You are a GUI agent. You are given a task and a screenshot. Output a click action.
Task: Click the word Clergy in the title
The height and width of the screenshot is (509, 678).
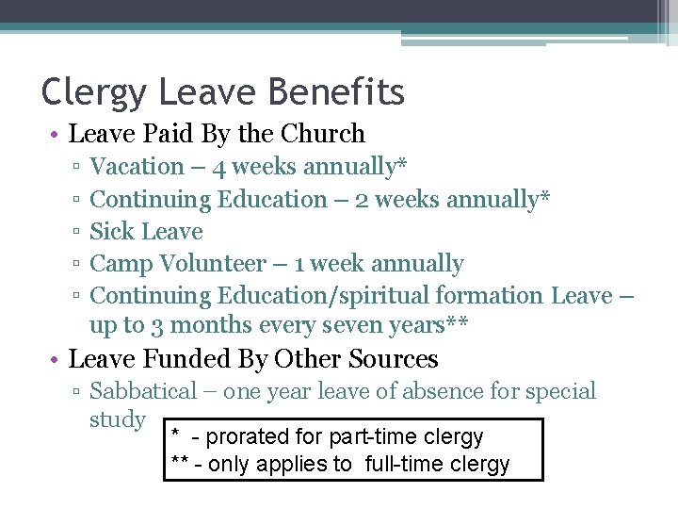94,92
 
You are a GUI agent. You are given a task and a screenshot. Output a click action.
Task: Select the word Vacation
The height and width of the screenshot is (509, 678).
137,167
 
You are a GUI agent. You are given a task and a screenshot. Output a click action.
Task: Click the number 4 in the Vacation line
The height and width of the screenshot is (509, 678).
218,168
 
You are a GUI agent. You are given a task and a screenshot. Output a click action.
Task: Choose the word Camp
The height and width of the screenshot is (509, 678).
119,264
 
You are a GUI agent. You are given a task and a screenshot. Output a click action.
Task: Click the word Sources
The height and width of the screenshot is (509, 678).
393,359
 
